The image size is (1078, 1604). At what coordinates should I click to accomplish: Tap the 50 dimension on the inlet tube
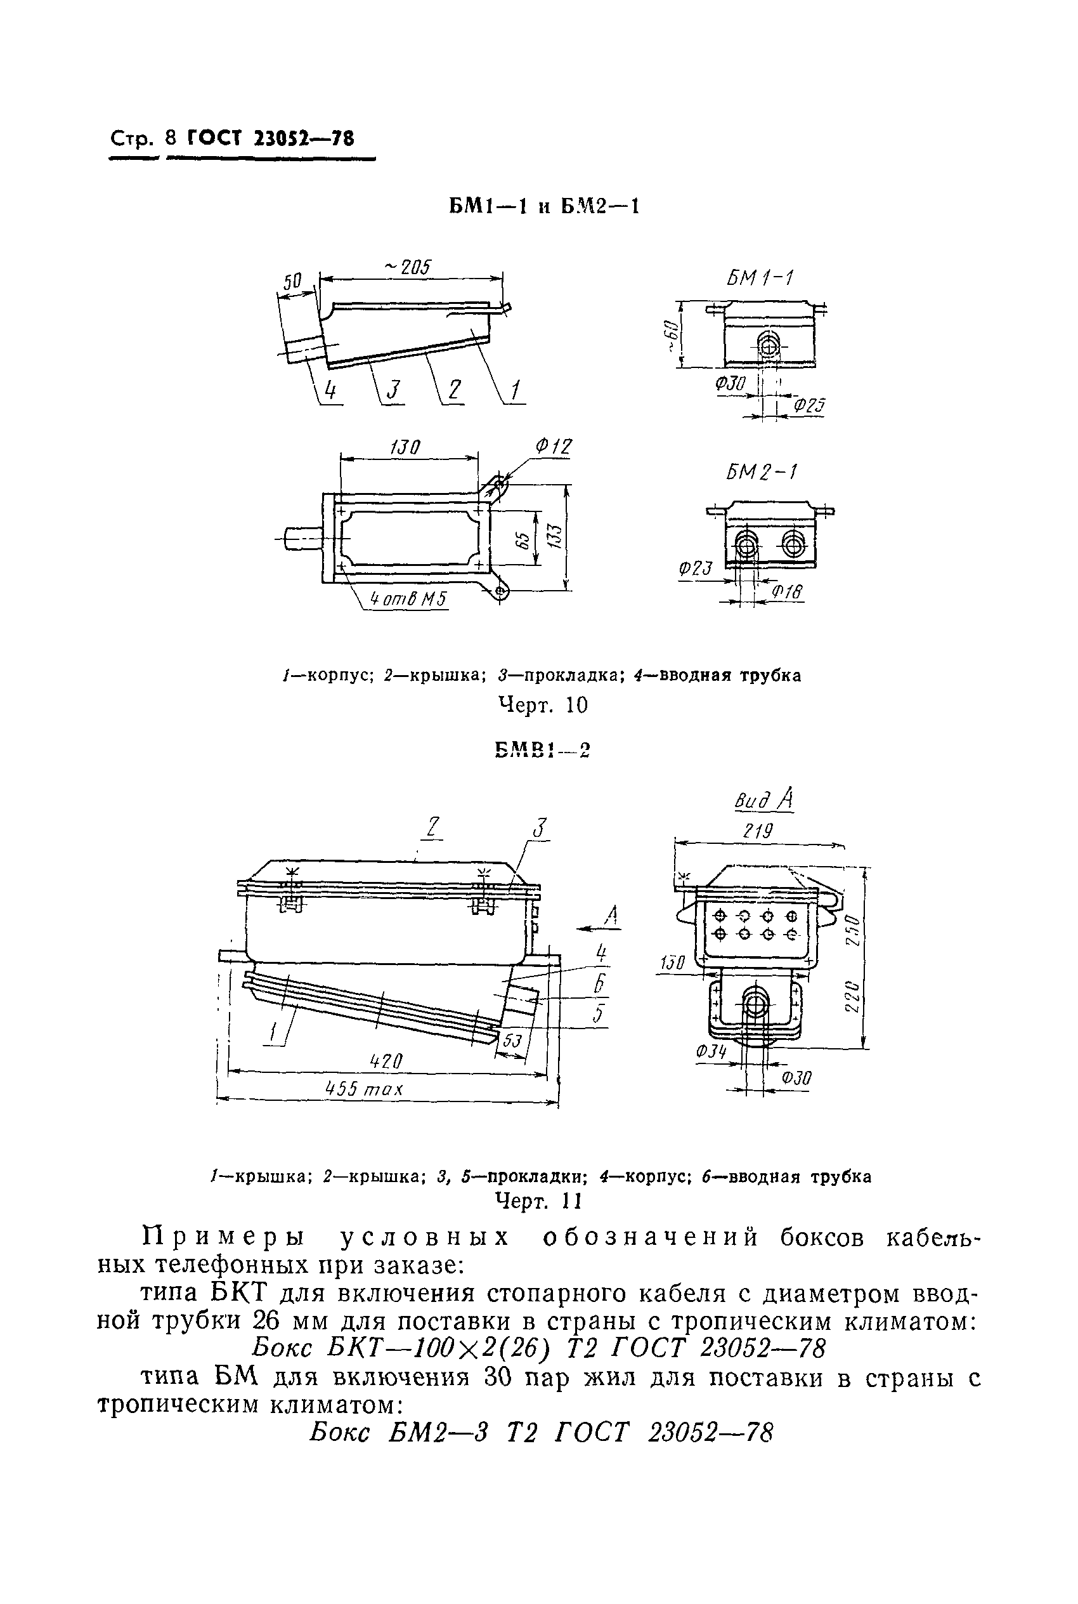coord(293,281)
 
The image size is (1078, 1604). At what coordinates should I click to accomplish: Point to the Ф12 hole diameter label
coord(554,447)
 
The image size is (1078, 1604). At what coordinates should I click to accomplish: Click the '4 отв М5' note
coord(408,599)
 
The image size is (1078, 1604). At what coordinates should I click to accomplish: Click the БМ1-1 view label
coord(760,279)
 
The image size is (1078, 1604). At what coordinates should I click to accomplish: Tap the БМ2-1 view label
coord(762,473)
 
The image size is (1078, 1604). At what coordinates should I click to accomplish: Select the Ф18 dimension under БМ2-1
coord(787,592)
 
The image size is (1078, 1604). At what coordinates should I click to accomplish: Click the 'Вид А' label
coord(765,800)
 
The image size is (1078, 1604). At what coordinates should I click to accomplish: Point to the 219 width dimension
coord(758,832)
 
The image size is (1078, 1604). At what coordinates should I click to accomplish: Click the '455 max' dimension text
coord(365,1089)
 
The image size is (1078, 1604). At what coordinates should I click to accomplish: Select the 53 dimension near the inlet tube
coord(512,1041)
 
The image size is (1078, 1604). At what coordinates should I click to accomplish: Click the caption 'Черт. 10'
coord(542,705)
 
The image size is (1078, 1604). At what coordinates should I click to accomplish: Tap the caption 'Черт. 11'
coord(539,1201)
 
